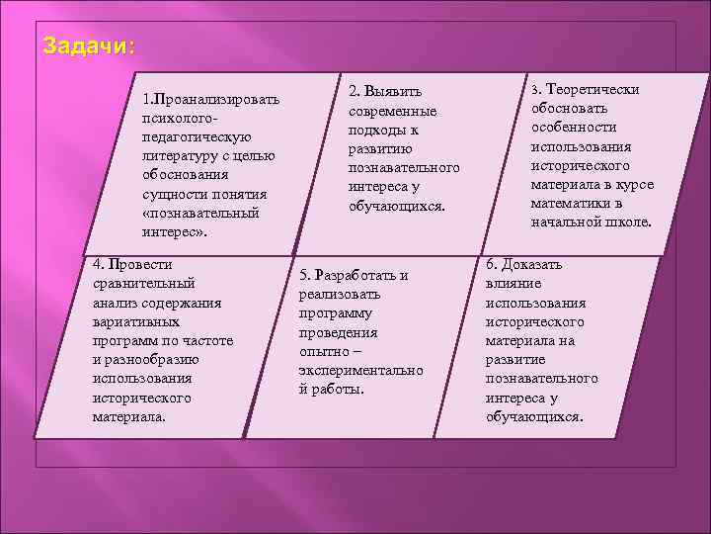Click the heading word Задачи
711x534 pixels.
click(x=89, y=46)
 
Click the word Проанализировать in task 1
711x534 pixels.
click(x=216, y=99)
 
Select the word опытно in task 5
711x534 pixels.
click(x=323, y=351)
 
